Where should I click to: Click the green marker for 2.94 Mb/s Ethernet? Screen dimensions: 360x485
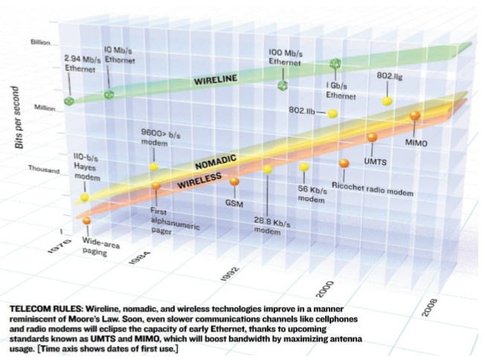pyautogui.click(x=69, y=101)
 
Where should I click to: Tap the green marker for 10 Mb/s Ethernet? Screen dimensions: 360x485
pyautogui.click(x=109, y=94)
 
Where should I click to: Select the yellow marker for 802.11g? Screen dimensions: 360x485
pyautogui.click(x=387, y=100)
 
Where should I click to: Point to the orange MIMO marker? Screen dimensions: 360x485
pyautogui.click(x=414, y=115)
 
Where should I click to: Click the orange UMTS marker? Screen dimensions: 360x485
pyautogui.click(x=372, y=137)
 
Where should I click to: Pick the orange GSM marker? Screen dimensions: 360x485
pyautogui.click(x=234, y=181)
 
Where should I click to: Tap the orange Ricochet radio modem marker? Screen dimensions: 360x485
pyautogui.click(x=344, y=164)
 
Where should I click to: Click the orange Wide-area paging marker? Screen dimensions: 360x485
pyautogui.click(x=87, y=220)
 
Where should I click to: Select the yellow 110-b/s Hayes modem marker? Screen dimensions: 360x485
pyautogui.click(x=85, y=197)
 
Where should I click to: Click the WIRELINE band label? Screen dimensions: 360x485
pyautogui.click(x=216, y=77)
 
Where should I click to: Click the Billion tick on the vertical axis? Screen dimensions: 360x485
pyautogui.click(x=40, y=42)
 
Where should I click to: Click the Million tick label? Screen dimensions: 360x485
pyautogui.click(x=45, y=108)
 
